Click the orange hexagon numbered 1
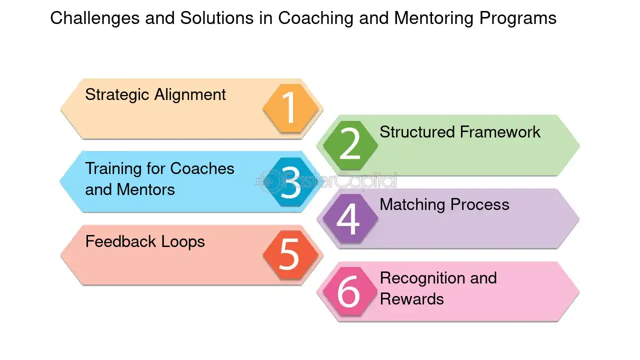290,108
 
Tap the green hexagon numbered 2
350,145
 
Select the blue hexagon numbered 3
290,181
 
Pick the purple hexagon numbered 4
350,218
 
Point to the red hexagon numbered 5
290,255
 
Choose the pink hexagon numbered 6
350,291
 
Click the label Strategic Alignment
155,95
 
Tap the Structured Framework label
460,131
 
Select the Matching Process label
444,204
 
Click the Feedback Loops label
145,241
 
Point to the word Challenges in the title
95,18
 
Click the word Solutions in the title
217,17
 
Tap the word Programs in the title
518,18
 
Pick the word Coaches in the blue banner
202,168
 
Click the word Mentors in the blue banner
145,189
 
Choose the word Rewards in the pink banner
411,299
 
